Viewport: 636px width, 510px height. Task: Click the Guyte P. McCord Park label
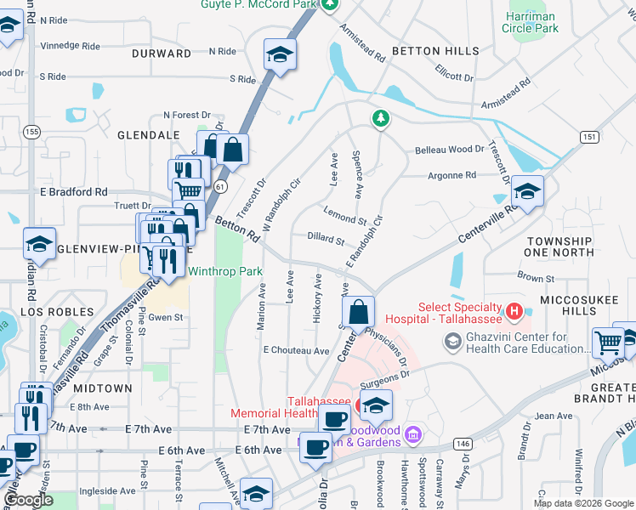258,5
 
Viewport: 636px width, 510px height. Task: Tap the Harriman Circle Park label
531,22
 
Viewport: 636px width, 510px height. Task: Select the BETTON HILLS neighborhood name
434,51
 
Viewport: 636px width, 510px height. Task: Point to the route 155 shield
31,131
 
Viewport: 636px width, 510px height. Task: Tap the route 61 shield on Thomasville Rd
221,186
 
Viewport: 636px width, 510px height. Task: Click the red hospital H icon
513,312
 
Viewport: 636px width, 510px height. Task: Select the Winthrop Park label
224,271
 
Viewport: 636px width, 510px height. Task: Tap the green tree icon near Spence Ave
380,118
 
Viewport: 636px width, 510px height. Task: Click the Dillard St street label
325,239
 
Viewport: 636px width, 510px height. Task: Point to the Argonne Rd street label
453,175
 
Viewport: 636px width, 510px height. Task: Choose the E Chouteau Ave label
296,350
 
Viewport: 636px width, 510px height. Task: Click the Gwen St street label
166,317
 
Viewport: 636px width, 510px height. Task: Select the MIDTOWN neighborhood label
102,388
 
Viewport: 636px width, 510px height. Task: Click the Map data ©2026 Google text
583,503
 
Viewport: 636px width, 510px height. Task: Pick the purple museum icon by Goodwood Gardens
413,434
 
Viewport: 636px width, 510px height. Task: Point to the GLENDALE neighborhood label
148,134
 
